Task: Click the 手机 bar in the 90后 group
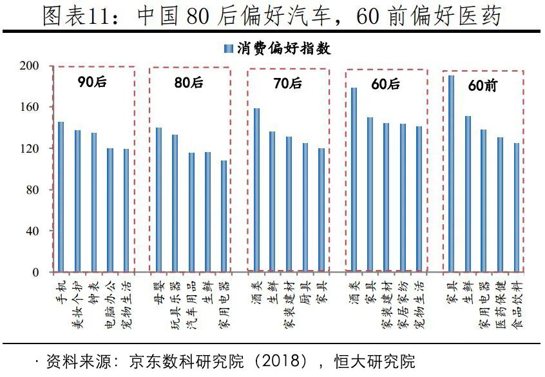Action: pos(61,197)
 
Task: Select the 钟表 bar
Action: pos(93,202)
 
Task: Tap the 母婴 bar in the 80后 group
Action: pos(158,200)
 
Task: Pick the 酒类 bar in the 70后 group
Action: pos(256,190)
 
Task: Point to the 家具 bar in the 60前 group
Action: pos(451,174)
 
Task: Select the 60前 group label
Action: pos(482,85)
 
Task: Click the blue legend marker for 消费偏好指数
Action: pos(227,49)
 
